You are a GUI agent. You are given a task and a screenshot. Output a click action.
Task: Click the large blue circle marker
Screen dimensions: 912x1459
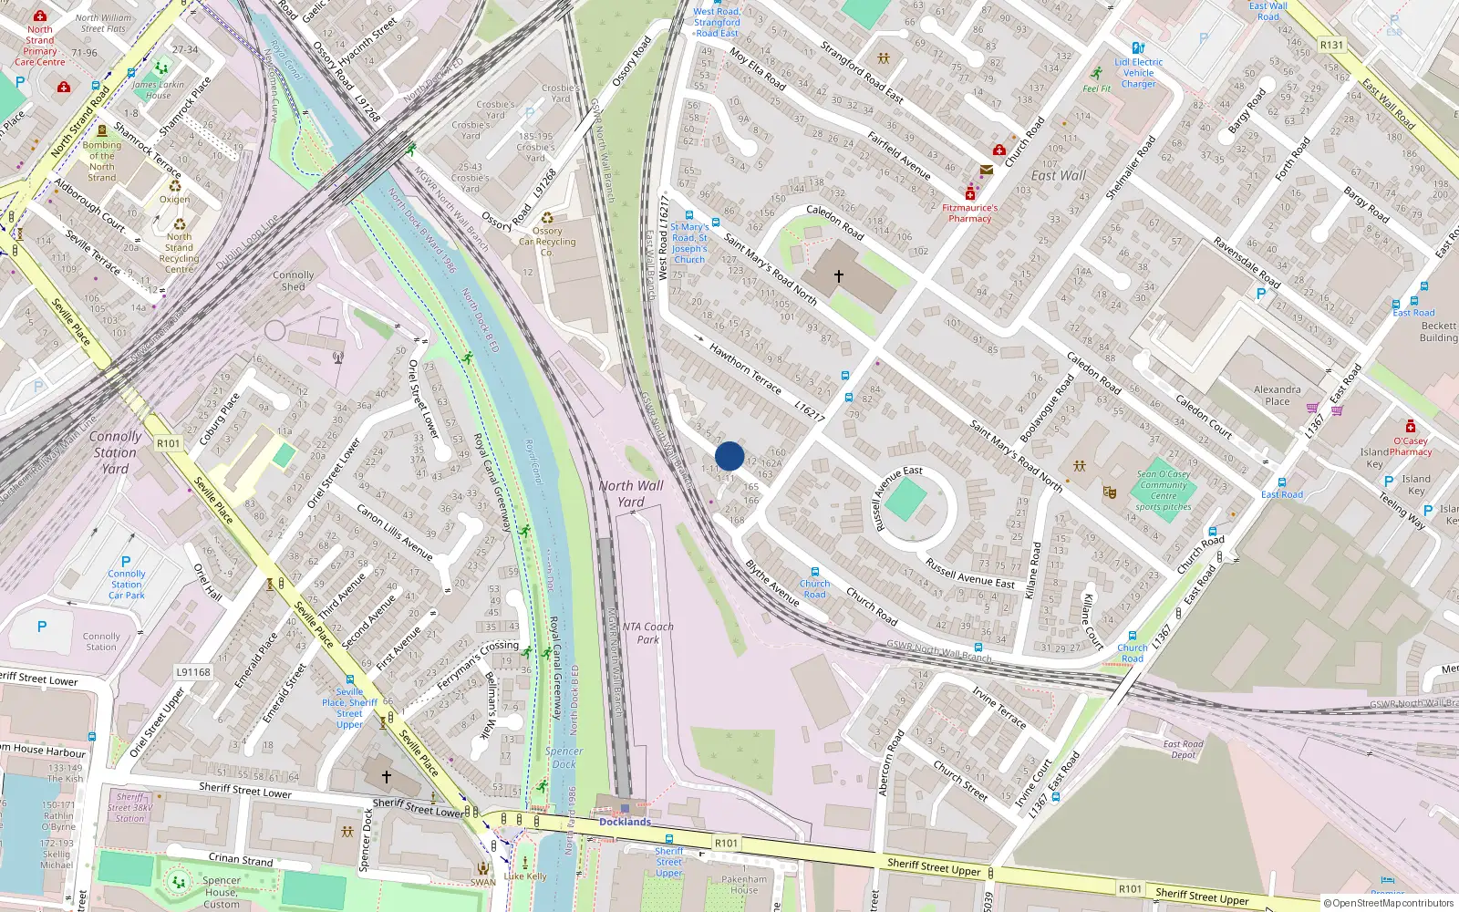(729, 456)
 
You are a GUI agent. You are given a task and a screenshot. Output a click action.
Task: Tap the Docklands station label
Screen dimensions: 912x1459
(625, 822)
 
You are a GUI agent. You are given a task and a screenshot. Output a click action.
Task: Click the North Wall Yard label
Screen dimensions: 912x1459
(631, 493)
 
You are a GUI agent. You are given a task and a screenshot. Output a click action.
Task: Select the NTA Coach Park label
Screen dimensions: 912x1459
(647, 633)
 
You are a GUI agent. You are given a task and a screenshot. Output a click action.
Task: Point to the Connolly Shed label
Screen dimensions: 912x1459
(293, 280)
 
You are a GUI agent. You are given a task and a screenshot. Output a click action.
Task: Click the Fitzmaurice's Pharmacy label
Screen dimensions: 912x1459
(969, 212)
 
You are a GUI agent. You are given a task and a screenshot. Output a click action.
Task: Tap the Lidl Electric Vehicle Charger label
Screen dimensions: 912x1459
(1138, 73)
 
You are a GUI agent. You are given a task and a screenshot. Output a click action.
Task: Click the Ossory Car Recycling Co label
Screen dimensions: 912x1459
(547, 241)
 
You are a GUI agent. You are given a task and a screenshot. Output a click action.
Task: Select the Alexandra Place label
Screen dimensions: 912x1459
(1277, 395)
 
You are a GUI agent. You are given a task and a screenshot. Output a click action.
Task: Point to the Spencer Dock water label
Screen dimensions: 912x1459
(564, 758)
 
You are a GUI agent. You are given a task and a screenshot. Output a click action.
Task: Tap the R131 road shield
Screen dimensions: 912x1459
(1331, 45)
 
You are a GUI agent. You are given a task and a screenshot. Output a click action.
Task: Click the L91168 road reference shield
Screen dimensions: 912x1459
(193, 672)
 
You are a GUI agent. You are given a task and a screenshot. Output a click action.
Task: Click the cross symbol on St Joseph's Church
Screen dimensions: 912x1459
(838, 275)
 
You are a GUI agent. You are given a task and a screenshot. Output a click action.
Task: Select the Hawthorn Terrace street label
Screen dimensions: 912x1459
(745, 368)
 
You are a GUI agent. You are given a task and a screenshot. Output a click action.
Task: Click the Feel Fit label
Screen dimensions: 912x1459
(1096, 88)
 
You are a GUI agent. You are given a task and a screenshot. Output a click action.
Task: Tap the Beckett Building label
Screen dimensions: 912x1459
(1438, 331)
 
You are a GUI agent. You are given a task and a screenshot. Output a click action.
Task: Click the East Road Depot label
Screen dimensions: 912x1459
(1183, 749)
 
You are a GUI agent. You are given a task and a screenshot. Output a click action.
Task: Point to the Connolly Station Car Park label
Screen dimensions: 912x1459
(127, 584)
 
